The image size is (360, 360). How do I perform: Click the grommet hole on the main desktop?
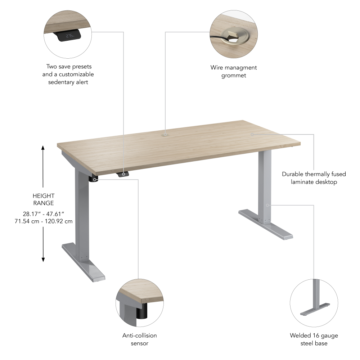(165, 134)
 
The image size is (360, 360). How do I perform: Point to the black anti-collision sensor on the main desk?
(95, 179)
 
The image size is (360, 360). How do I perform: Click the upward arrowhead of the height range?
(43, 148)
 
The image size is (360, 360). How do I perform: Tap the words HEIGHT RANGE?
(43, 199)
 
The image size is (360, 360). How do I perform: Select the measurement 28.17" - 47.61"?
(43, 214)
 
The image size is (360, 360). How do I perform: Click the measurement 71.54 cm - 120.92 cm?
(43, 221)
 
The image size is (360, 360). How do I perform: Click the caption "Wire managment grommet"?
(234, 71)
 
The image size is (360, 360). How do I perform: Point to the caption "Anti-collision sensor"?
(140, 339)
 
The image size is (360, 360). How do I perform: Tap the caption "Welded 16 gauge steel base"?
(314, 339)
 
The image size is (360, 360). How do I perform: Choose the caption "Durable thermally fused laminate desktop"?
(314, 178)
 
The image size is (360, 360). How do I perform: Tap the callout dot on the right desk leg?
(267, 205)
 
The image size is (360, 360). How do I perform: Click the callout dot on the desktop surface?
(252, 134)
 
